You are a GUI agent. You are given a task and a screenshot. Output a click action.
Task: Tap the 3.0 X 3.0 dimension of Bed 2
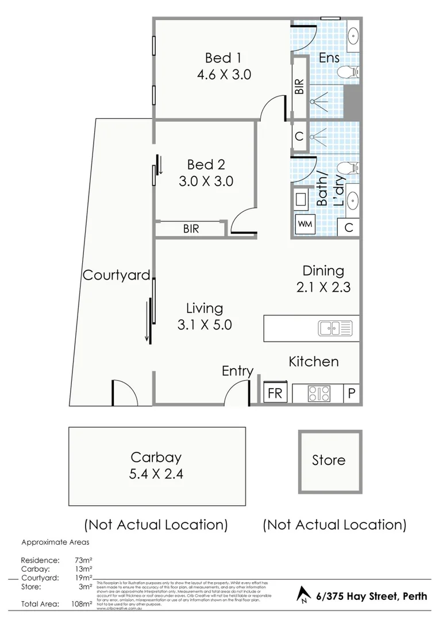click(x=206, y=181)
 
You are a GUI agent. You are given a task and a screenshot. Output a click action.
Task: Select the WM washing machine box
click(x=305, y=224)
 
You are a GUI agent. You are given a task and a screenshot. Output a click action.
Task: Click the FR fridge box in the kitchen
click(x=275, y=394)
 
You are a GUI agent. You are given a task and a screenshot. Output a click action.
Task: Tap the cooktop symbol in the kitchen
click(x=319, y=394)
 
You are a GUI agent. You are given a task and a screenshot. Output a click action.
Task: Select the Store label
click(x=329, y=460)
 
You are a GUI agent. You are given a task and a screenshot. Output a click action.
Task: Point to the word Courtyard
click(x=116, y=275)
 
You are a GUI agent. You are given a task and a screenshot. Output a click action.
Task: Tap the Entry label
click(x=237, y=371)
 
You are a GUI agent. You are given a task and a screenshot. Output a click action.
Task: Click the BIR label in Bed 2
click(x=191, y=228)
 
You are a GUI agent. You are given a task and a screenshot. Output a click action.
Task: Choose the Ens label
click(x=329, y=58)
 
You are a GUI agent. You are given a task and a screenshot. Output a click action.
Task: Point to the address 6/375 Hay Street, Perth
click(x=372, y=596)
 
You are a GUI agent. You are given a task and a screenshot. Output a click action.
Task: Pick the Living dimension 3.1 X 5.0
click(x=205, y=325)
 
